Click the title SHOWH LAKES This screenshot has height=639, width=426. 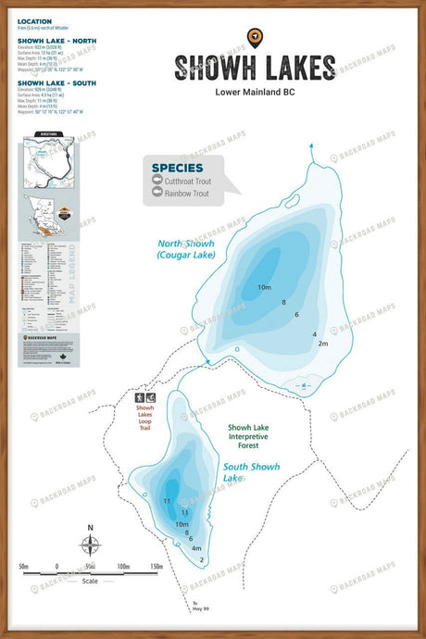tap(255, 68)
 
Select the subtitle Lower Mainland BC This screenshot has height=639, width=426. tap(255, 92)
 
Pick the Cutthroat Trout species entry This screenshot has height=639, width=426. tap(187, 182)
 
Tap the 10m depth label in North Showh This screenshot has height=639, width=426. tap(264, 288)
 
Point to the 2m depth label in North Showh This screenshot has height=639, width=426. tap(322, 344)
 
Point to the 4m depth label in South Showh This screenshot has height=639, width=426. tap(196, 548)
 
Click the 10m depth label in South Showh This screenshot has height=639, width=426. tap(182, 524)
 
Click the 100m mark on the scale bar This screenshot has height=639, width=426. tap(123, 566)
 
